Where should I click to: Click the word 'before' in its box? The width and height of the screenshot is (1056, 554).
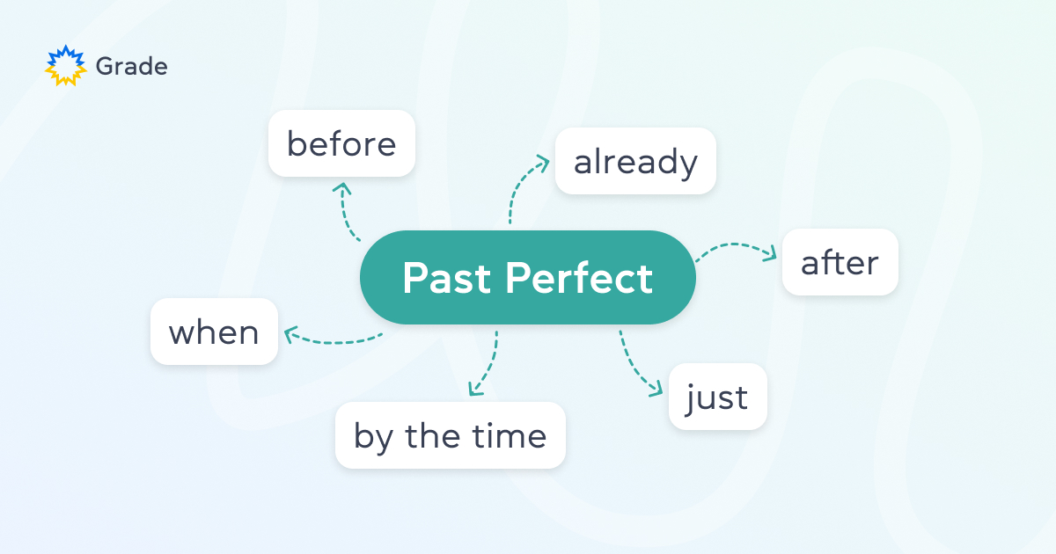[x=341, y=143]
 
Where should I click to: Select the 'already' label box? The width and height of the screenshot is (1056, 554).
[x=635, y=162]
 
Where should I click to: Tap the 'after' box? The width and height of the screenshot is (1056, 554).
[x=840, y=262]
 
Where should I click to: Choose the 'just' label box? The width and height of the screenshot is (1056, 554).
[x=717, y=397]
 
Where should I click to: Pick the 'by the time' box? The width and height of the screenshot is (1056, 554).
[x=450, y=435]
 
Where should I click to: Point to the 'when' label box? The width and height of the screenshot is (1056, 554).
[x=214, y=332]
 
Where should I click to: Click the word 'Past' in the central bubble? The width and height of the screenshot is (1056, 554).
[x=446, y=278]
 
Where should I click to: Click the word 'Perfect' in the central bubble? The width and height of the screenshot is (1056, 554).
[x=579, y=278]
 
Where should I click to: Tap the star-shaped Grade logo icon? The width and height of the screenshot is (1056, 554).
[x=66, y=66]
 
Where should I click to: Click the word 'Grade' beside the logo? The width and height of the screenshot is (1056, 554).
[x=131, y=66]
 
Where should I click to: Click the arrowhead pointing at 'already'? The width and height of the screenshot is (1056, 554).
[x=542, y=162]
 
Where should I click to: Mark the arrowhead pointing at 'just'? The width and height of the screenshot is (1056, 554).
[x=654, y=388]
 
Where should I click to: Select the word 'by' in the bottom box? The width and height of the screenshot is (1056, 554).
[x=370, y=436]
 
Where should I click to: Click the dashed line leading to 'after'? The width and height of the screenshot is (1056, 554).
[x=730, y=247]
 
